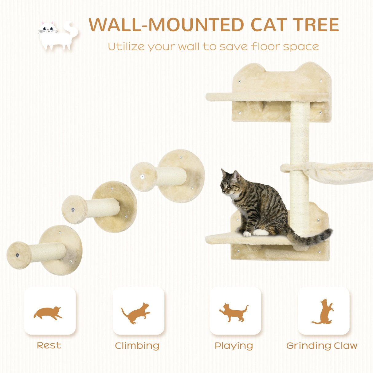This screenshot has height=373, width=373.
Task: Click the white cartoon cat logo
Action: (x=57, y=35)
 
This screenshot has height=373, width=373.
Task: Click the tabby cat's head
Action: (x=230, y=183)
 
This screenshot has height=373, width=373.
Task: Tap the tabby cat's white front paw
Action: (x=247, y=234)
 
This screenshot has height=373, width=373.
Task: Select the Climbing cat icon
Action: (x=137, y=313)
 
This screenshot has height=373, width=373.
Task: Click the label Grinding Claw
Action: (x=322, y=346)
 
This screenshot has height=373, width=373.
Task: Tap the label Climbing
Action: (x=137, y=346)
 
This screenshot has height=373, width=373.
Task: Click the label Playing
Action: (x=234, y=346)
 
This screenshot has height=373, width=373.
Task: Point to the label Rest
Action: (x=49, y=345)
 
